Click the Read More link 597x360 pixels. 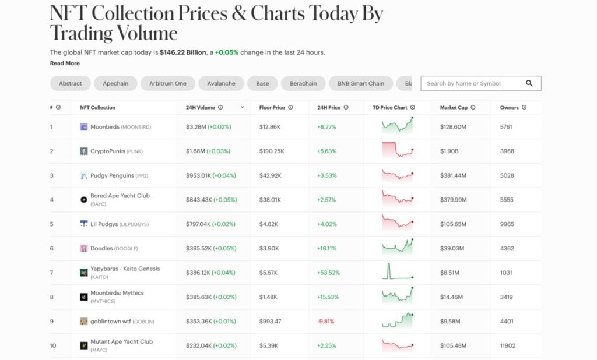[x=65, y=63]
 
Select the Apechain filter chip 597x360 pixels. [x=115, y=83]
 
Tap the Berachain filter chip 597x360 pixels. [x=303, y=83]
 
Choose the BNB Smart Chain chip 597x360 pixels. [x=360, y=83]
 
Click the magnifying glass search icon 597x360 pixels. [x=529, y=83]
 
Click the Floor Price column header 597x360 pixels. [x=272, y=107]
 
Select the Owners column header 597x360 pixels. [x=510, y=107]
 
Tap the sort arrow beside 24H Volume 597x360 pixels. [x=243, y=107]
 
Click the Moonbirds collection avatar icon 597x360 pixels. [x=84, y=127]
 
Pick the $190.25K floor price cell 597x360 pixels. [x=272, y=151]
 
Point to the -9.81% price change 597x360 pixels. [x=326, y=321]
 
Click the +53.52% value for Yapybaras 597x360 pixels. [x=328, y=273]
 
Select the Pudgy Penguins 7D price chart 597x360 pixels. [x=398, y=175]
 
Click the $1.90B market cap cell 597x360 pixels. [x=449, y=151]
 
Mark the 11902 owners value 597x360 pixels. [x=508, y=345]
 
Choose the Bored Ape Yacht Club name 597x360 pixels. [x=120, y=196]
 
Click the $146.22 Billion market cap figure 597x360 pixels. [x=183, y=52]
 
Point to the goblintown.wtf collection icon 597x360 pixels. [x=84, y=321]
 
